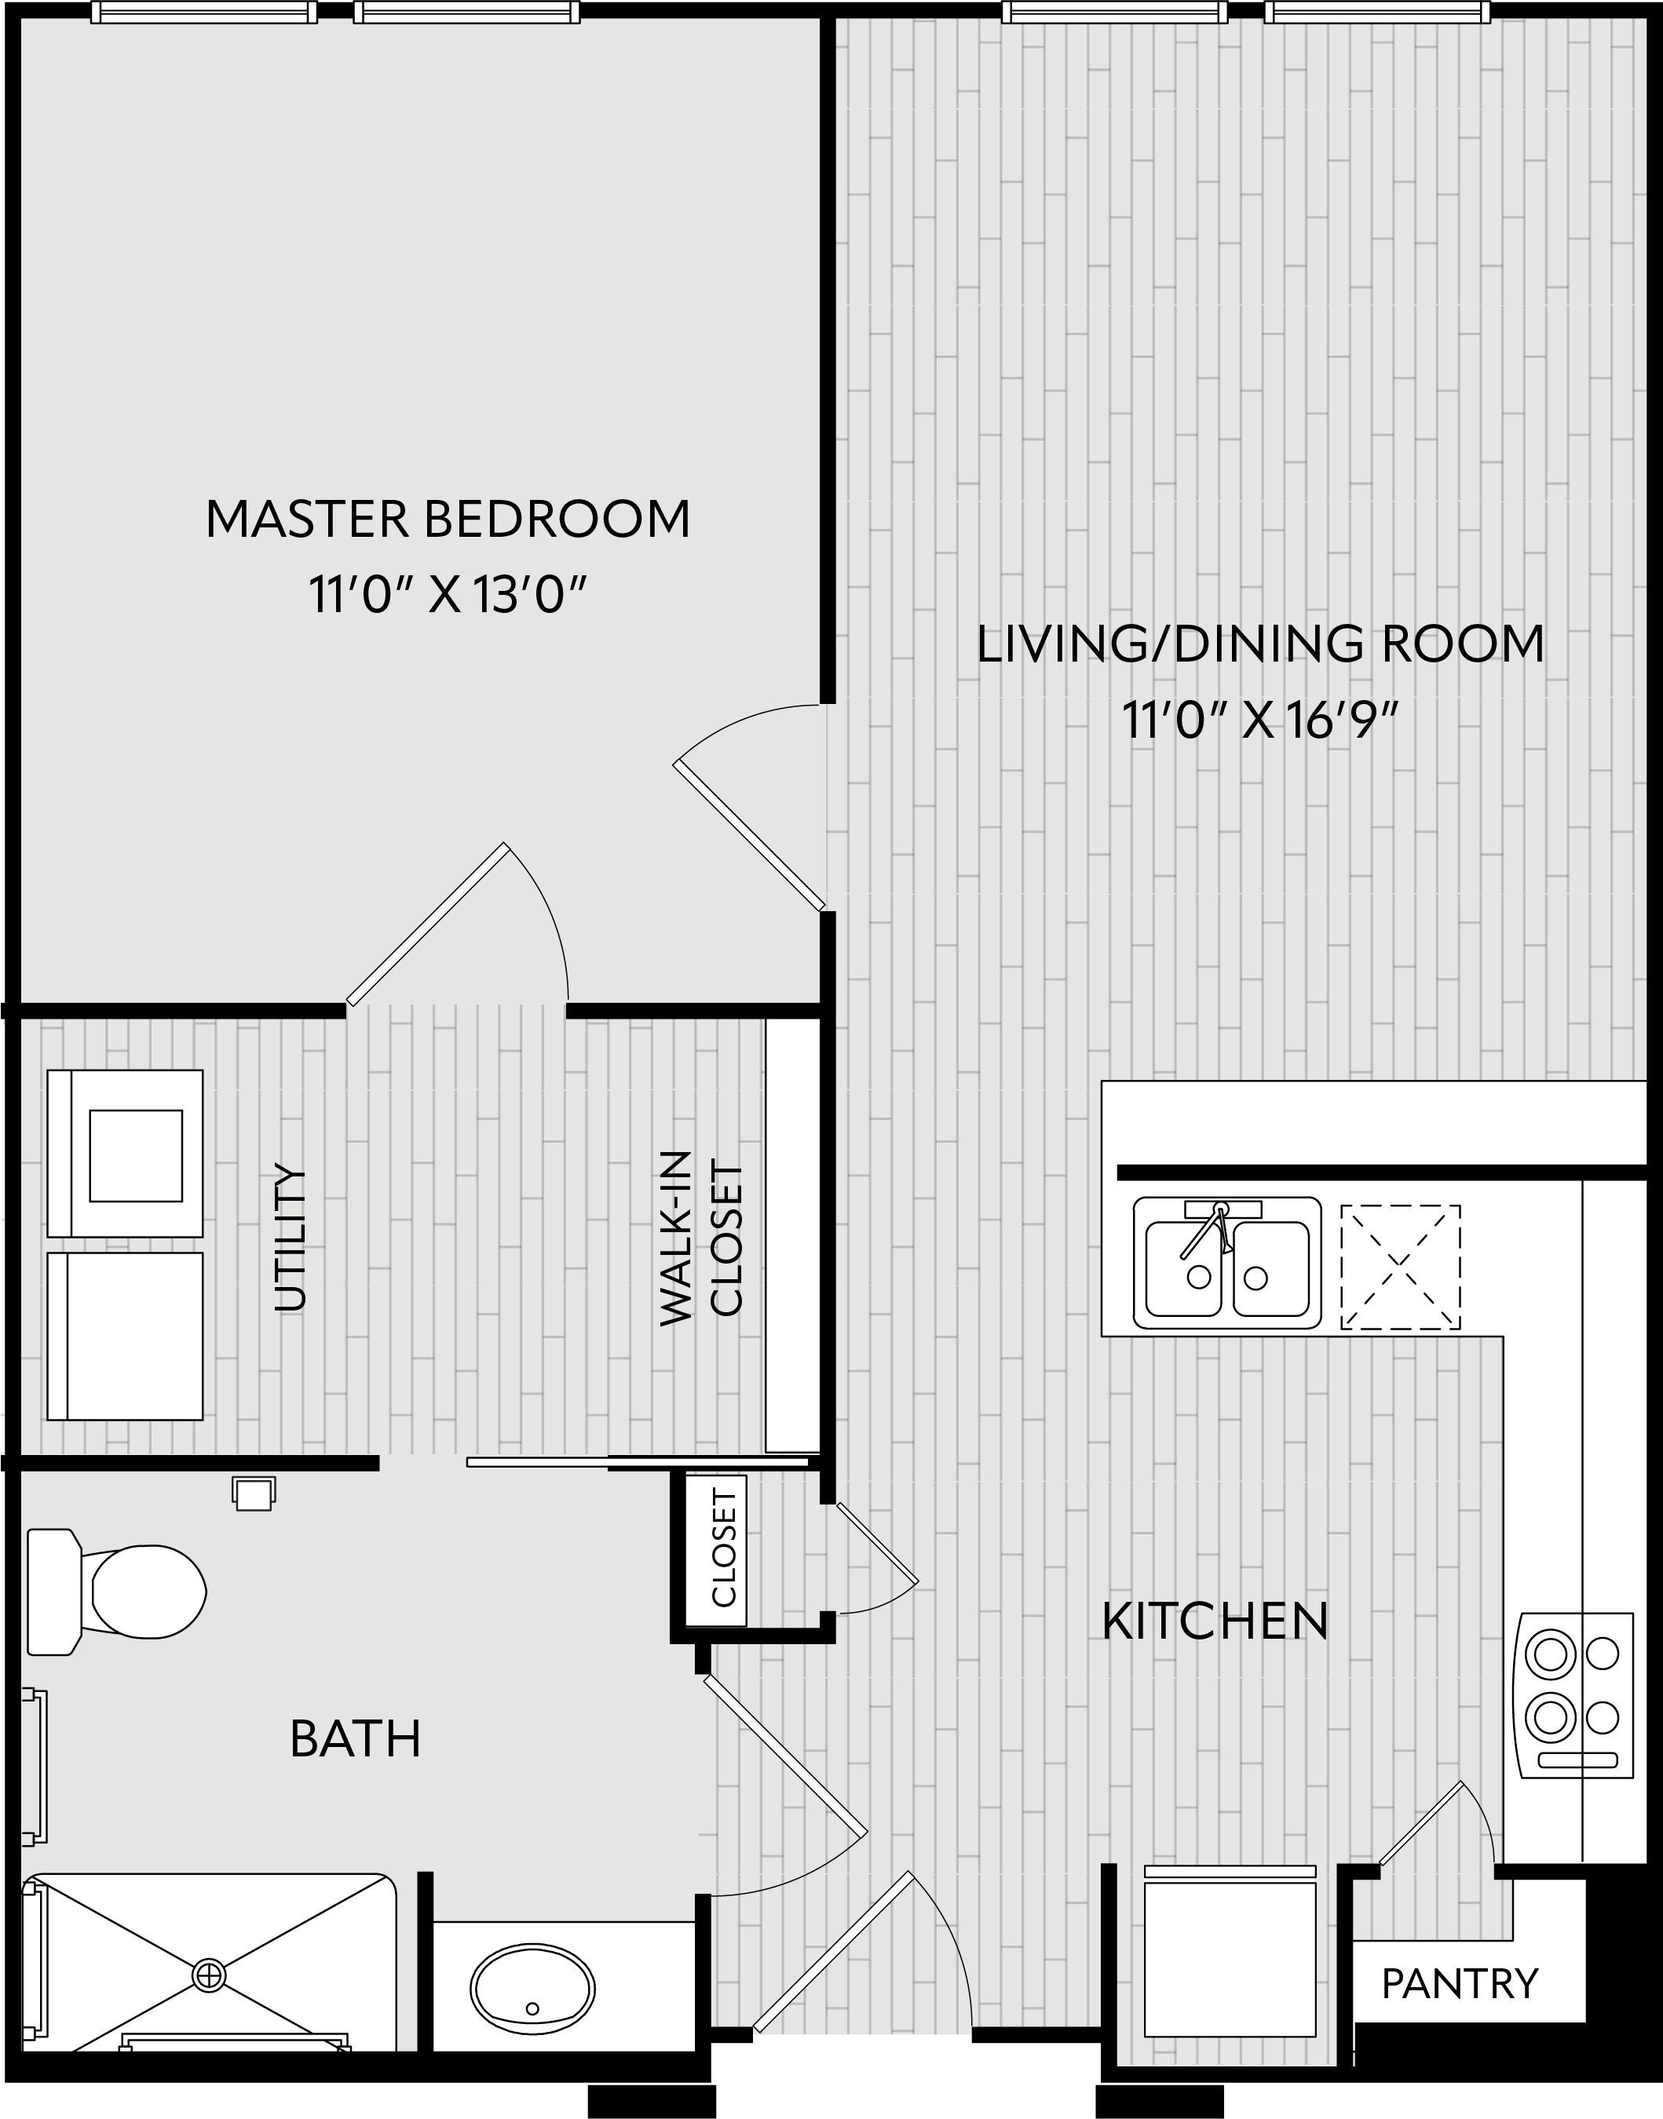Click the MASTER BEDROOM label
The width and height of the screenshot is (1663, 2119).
coord(448,519)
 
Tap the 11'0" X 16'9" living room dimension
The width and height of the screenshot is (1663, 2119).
coord(1260,721)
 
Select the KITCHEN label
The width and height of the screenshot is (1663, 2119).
coord(1215,1621)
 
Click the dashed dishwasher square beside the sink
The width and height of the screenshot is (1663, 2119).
coord(1400,1267)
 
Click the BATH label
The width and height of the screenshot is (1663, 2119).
coord(356,1739)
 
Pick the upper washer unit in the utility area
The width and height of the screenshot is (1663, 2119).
coord(126,1154)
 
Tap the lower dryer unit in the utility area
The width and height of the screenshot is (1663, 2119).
coord(126,1337)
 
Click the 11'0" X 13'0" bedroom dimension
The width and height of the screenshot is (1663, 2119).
coord(448,595)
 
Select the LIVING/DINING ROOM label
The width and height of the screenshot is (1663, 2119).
coord(1260,644)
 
